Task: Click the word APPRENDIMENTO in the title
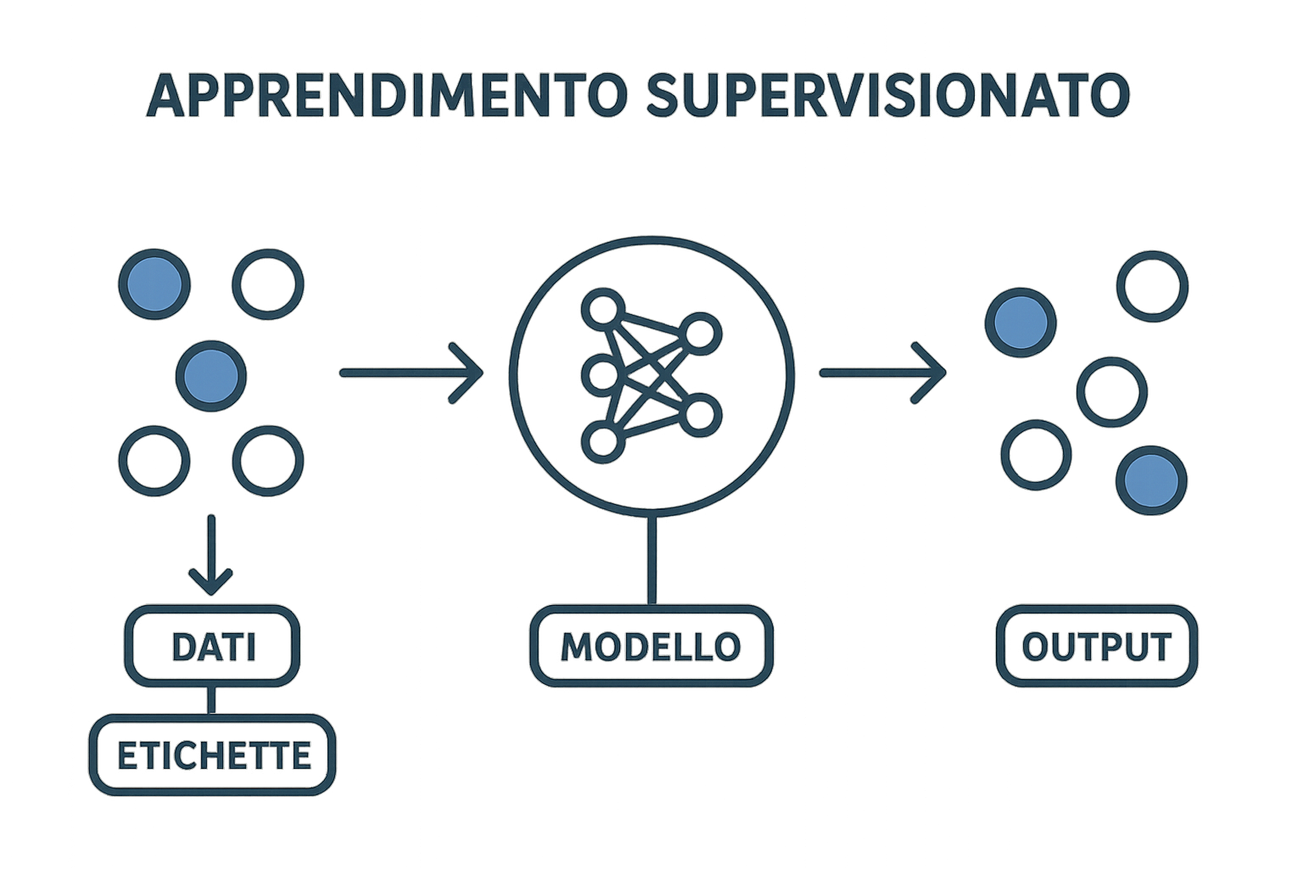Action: pos(387,96)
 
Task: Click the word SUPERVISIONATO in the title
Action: pos(887,96)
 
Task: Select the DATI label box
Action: pos(213,647)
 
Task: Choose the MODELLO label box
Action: pos(651,647)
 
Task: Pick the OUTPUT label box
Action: pos(1096,647)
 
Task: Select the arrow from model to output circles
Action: pos(882,373)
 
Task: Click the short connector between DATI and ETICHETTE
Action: pos(210,700)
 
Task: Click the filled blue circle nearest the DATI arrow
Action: pos(211,374)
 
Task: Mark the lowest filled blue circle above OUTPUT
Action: pos(1151,480)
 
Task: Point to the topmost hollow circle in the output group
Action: pos(1151,286)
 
